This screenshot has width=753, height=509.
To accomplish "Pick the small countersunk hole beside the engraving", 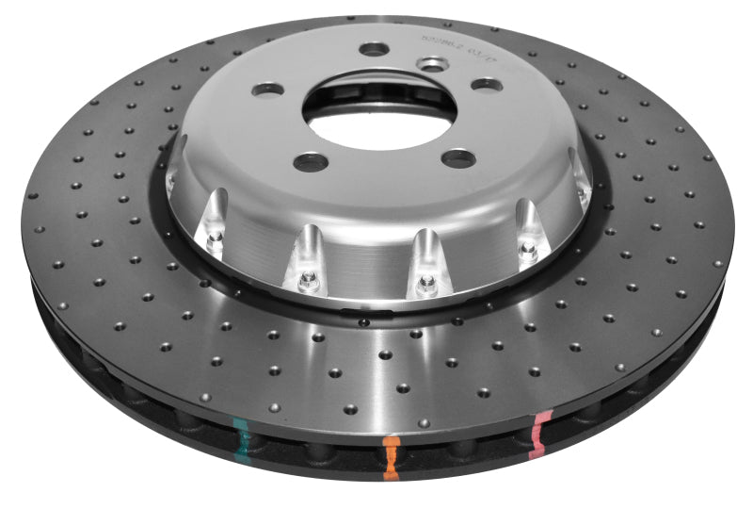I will click(x=433, y=64).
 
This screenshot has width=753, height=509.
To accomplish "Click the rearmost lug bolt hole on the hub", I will click(x=374, y=48).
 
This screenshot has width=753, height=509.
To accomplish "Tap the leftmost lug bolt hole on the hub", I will click(x=268, y=90).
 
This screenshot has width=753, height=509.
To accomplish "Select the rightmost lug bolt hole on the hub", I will click(x=486, y=85).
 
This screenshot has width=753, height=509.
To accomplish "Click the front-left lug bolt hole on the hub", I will click(x=310, y=161).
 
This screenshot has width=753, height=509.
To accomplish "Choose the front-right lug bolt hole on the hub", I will click(x=457, y=157).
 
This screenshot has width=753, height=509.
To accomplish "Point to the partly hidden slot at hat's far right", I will click(x=584, y=189).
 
